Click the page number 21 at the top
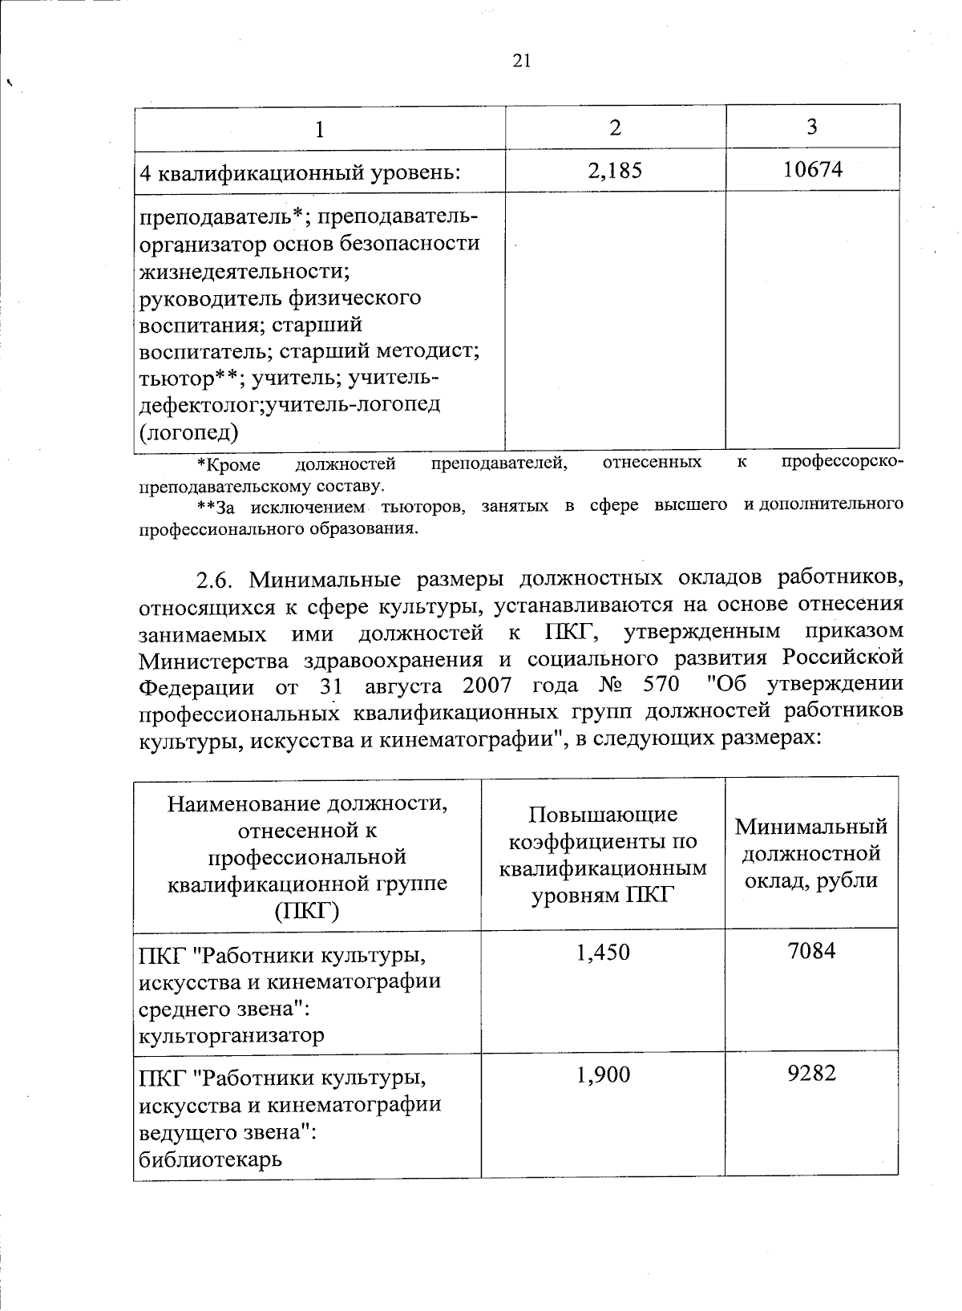click(521, 62)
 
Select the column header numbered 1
click(320, 128)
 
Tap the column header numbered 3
click(812, 127)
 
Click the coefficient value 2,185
click(615, 170)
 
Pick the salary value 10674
click(813, 169)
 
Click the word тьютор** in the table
click(189, 378)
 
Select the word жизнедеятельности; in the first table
click(245, 270)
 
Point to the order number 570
click(661, 686)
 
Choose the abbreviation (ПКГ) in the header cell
click(307, 911)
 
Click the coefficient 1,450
click(603, 952)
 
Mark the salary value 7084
click(811, 951)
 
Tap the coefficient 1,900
click(603, 1074)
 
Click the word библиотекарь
click(211, 1159)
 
